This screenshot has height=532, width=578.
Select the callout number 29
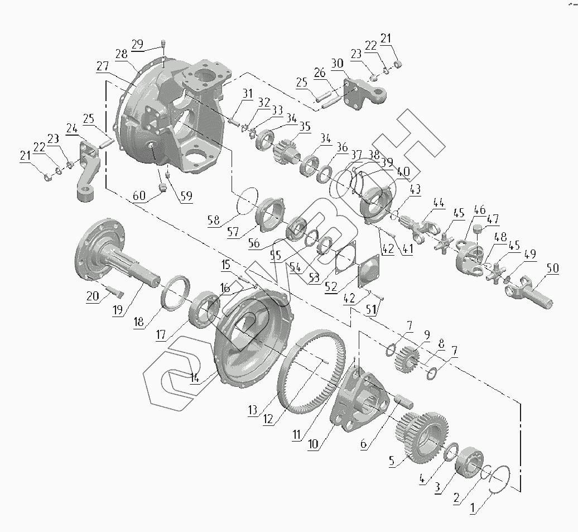[x=137, y=45]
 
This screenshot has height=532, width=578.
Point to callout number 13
[x=253, y=410]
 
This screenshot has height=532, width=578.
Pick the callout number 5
[x=392, y=462]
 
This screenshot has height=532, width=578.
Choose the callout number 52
[x=330, y=286]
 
